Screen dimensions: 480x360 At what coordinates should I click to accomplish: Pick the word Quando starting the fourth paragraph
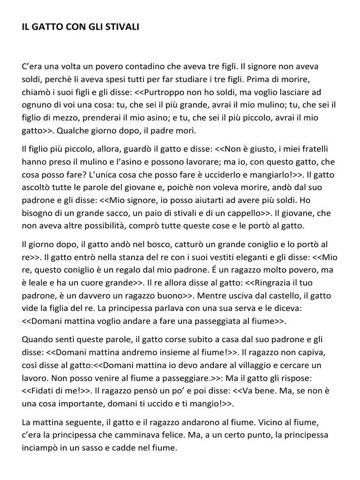point(39,339)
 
